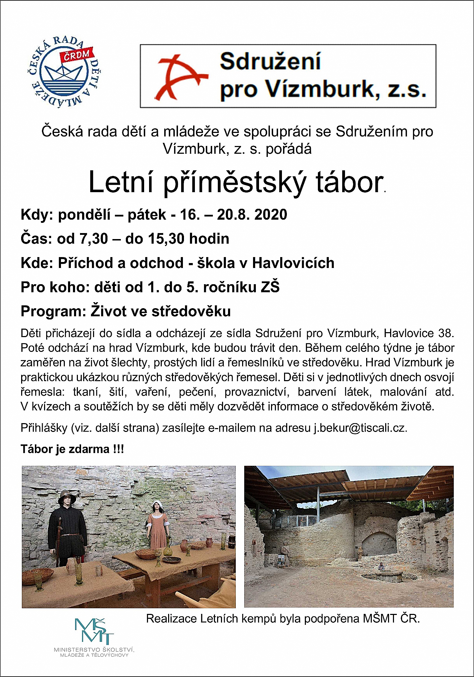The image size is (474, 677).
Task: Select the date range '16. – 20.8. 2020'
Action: click(x=234, y=214)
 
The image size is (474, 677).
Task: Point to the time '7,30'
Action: click(x=93, y=239)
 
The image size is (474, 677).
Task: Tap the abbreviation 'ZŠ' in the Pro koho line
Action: click(x=270, y=287)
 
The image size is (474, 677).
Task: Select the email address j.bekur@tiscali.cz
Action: click(x=360, y=428)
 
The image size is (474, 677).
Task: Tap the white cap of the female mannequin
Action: click(x=156, y=505)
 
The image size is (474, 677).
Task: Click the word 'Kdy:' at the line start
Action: click(x=37, y=214)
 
